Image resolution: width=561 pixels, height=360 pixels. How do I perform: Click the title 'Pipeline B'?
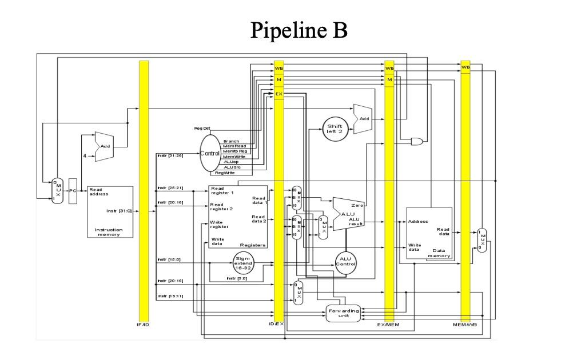click(299, 30)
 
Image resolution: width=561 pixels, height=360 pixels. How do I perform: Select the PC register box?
click(72, 190)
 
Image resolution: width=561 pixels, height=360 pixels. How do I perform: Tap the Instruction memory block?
click(110, 211)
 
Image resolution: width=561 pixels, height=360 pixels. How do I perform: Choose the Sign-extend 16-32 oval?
click(243, 263)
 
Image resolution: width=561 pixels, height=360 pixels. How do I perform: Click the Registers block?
click(238, 216)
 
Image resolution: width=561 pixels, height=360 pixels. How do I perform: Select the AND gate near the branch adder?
click(419, 140)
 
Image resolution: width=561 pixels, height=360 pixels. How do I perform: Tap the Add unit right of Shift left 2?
click(363, 119)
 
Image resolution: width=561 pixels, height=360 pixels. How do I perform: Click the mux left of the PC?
click(56, 190)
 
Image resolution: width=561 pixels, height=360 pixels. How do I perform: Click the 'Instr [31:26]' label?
click(170, 155)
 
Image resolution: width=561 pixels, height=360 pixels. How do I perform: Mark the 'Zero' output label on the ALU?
click(357, 205)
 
